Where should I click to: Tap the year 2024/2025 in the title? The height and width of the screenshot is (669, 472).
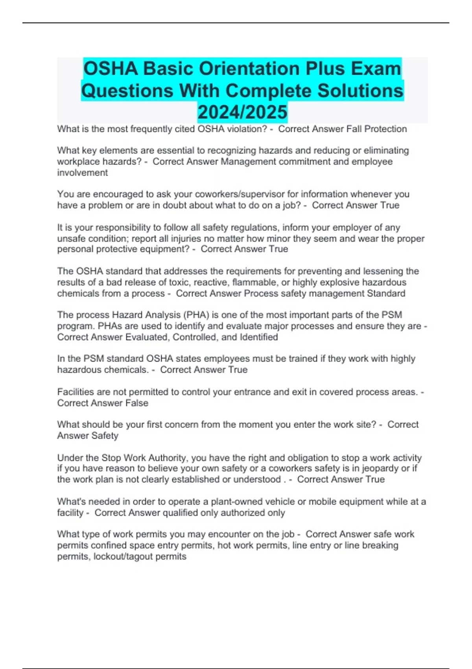242,112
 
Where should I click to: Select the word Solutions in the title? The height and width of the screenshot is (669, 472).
360,91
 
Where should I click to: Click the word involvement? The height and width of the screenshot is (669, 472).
82,172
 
